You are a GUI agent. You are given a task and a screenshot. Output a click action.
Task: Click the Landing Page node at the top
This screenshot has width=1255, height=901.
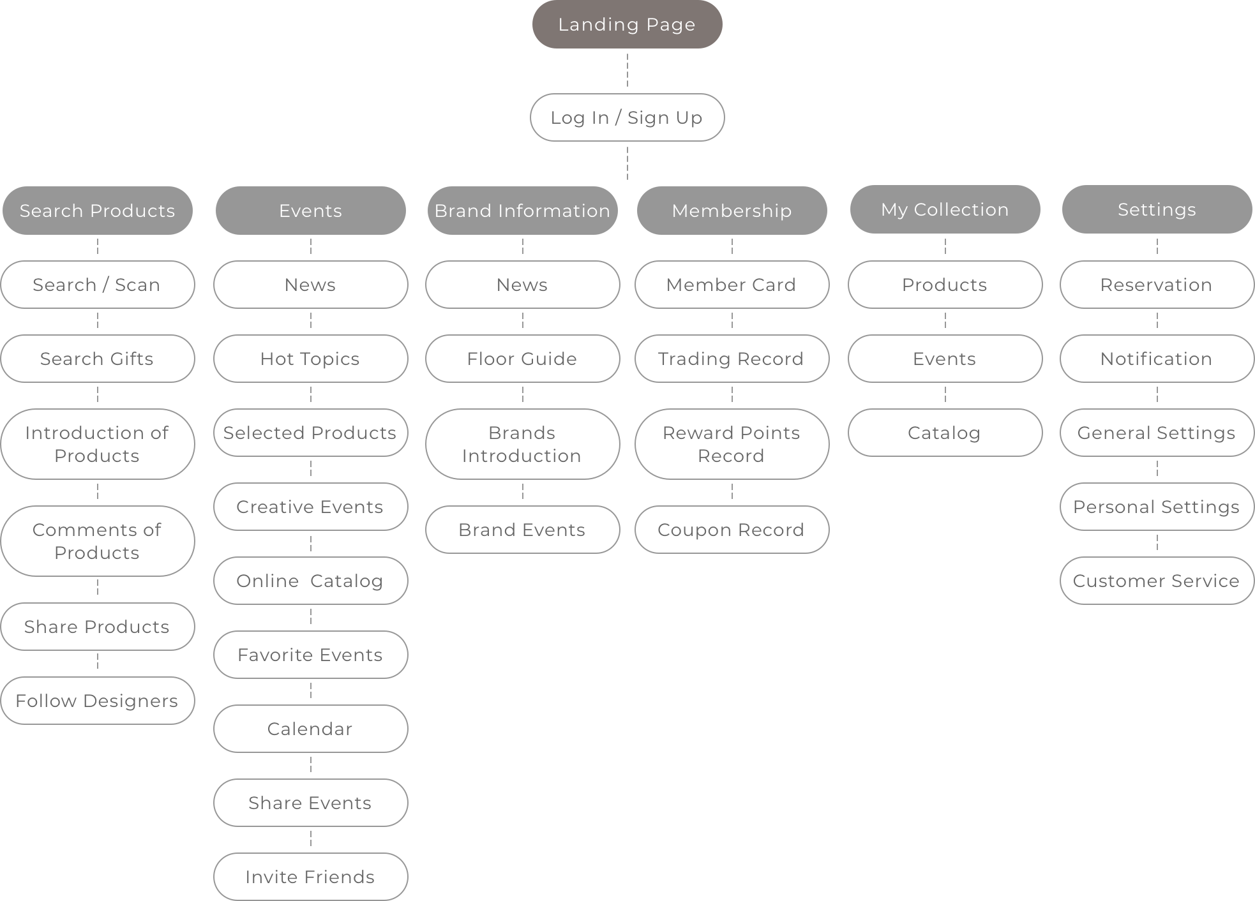(x=627, y=24)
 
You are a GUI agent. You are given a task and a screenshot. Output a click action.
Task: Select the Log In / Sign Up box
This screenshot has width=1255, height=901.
(x=627, y=117)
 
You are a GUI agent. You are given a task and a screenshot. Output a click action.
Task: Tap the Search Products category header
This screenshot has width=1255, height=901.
(x=97, y=211)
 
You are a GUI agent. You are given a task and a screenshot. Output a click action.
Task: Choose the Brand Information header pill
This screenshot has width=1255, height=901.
(x=522, y=211)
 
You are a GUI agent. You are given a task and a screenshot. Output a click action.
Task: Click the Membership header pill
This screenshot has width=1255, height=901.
(x=732, y=211)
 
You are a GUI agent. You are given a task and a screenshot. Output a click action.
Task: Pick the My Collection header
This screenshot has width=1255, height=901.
(x=945, y=209)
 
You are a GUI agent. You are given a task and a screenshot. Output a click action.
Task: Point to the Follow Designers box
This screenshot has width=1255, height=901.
(x=97, y=701)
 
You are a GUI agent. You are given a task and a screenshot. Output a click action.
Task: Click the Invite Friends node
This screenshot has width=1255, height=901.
(x=310, y=877)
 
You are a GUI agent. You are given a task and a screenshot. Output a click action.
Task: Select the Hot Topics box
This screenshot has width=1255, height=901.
(x=310, y=359)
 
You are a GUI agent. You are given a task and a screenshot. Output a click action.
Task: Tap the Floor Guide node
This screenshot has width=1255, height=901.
(x=522, y=359)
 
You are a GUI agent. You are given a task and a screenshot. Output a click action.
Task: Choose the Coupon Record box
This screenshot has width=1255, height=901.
(x=732, y=530)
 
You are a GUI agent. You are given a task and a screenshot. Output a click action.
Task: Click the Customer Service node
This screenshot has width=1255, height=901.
(x=1156, y=581)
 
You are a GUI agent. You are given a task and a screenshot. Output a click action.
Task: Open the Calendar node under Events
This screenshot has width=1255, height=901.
(x=310, y=729)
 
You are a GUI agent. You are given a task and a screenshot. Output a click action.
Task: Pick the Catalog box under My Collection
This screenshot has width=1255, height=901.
(x=945, y=433)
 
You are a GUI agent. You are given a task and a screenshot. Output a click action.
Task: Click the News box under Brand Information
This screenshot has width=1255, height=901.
(x=522, y=285)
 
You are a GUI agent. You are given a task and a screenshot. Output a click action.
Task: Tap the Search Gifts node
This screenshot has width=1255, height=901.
(x=97, y=359)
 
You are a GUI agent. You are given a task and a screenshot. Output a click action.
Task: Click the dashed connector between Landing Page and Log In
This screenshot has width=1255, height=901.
(x=627, y=71)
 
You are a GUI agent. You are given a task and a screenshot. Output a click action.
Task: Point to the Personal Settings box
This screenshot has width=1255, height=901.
(x=1156, y=507)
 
